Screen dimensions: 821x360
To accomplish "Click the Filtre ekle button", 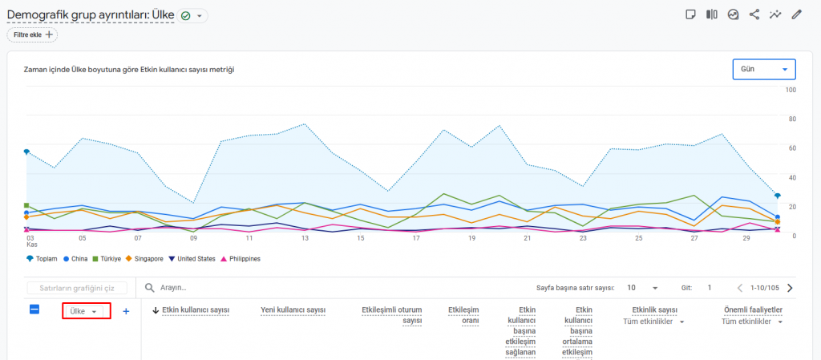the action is click(32, 34).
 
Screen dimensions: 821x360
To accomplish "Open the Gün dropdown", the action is click(764, 69).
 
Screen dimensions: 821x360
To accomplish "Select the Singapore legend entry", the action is click(144, 258).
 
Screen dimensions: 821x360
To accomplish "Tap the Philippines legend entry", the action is click(241, 258).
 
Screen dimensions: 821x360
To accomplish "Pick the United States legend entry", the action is click(192, 258).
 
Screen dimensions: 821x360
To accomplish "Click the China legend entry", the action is click(75, 258).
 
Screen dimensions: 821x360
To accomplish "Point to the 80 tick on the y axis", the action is click(792, 119).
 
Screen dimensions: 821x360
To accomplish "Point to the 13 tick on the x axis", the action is click(305, 238).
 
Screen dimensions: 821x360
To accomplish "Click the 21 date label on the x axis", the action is click(528, 238).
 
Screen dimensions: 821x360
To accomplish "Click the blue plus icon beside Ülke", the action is click(126, 311).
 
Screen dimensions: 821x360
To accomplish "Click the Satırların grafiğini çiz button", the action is click(77, 288).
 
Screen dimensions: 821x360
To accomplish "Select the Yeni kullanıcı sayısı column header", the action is click(293, 310).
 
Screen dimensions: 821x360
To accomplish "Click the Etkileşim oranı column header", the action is click(463, 315).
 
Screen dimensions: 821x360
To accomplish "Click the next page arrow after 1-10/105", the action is click(790, 288).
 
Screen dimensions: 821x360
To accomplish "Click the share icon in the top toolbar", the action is click(754, 14).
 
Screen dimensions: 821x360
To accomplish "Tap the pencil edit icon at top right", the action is click(796, 14).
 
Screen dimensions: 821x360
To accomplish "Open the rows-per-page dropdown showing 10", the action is click(642, 288).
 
